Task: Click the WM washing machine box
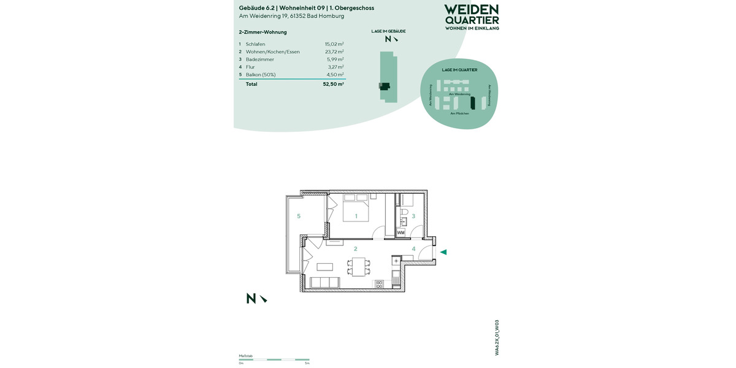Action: pos(401,233)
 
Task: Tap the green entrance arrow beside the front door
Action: pos(443,252)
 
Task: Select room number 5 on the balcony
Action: pos(299,216)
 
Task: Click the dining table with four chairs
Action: pos(359,267)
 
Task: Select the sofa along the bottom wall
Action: pos(326,283)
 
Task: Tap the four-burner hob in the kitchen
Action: pos(379,284)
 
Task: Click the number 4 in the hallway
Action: pos(413,249)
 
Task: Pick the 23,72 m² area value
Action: pos(334,52)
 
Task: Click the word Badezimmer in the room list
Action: pos(259,59)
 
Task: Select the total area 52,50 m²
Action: pos(333,84)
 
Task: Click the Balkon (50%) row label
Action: pos(261,75)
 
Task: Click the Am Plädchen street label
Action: pos(459,113)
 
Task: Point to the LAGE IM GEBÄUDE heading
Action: pos(388,31)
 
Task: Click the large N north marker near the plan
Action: pos(251,299)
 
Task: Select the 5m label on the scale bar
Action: pos(307,364)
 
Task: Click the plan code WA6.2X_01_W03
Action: pos(497,338)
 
